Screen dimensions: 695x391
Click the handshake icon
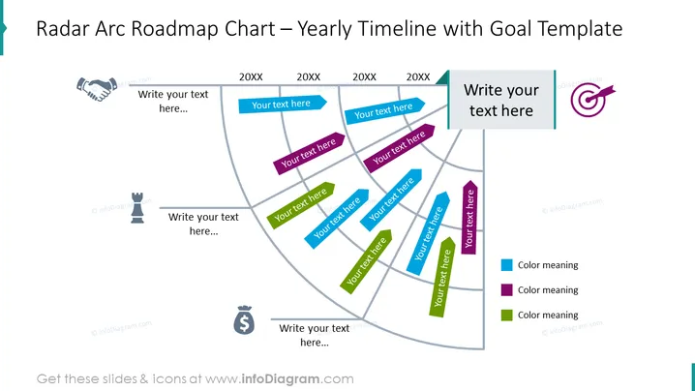tap(97, 89)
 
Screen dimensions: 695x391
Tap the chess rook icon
tap(137, 207)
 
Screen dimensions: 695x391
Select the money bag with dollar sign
tap(244, 319)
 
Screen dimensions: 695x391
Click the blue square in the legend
tap(506, 265)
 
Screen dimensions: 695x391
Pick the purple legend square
tap(506, 290)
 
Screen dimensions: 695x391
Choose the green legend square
tap(506, 316)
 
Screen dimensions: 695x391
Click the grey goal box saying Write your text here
tap(501, 100)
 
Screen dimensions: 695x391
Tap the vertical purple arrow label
tap(469, 217)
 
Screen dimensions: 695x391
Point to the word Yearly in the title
tap(324, 30)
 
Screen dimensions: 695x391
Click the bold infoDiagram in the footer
tap(281, 379)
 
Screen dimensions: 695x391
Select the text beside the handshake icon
tap(173, 101)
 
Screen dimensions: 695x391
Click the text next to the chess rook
tap(203, 224)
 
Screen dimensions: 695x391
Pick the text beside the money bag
tap(315, 335)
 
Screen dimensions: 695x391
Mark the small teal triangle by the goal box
tap(443, 78)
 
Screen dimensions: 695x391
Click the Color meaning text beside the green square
tap(548, 316)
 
